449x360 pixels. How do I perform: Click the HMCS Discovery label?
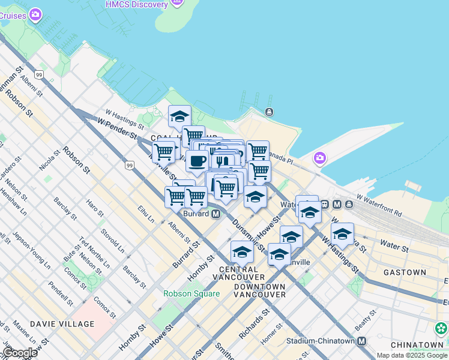point(136,5)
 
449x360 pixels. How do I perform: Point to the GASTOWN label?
point(408,272)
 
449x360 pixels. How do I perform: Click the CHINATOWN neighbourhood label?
point(417,345)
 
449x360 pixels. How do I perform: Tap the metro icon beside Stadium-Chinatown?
point(361,341)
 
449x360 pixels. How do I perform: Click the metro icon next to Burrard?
point(215,214)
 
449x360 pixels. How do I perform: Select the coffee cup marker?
point(197,161)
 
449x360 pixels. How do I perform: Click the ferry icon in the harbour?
point(269,112)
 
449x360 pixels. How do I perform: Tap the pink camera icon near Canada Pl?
point(319,158)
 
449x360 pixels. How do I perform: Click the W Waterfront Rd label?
point(379,205)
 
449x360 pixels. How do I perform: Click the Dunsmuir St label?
point(248,233)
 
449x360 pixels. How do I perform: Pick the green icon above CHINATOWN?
point(441,328)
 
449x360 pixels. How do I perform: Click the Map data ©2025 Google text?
point(412,355)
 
